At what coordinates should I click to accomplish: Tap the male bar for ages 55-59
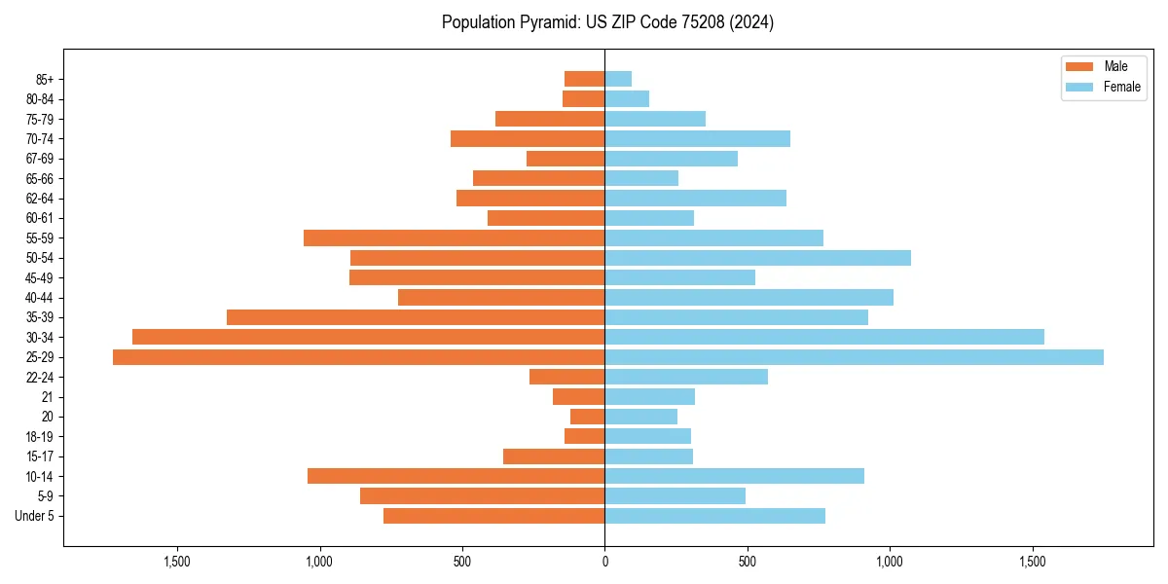pos(454,237)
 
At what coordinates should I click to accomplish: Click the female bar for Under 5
pos(714,516)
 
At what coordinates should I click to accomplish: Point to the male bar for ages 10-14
pos(456,476)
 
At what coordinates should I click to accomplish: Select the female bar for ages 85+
pos(618,79)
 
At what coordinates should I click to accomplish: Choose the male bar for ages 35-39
pos(416,317)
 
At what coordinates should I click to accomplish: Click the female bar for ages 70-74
pos(697,138)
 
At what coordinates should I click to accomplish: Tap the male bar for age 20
pos(587,417)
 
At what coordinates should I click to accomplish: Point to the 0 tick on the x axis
pos(604,562)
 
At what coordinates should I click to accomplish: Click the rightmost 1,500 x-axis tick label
pos(1032,562)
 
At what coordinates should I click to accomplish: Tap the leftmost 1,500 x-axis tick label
pos(177,562)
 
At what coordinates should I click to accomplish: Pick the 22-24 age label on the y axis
pos(40,377)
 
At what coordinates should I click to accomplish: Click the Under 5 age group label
pos(35,516)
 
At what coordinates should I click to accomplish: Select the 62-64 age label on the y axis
pos(40,199)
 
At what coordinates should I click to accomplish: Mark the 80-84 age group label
pos(40,99)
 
